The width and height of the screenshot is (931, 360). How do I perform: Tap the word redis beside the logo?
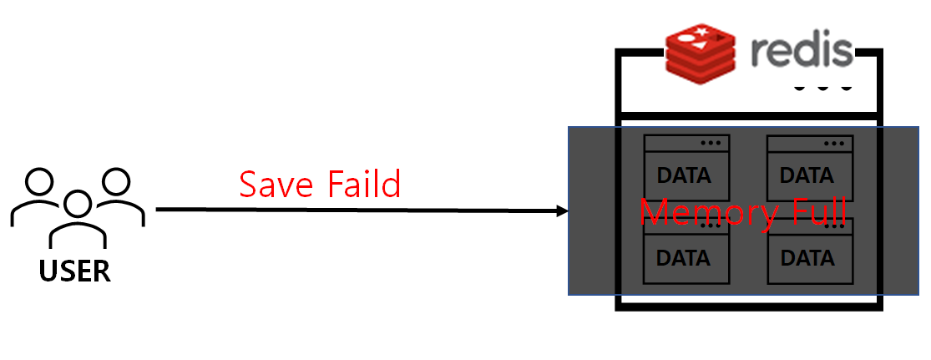(800, 52)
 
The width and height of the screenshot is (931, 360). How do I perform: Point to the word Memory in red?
(707, 212)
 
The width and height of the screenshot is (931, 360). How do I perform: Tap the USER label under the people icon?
(74, 271)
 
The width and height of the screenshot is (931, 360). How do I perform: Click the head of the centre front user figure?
(78, 202)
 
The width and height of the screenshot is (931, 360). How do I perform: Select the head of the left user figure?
(40, 180)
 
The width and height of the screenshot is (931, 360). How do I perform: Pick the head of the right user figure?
(116, 180)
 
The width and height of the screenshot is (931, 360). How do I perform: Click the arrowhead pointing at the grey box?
(562, 211)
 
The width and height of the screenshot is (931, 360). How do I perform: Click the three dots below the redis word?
(823, 87)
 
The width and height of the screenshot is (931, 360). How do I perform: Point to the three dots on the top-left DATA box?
(711, 144)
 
